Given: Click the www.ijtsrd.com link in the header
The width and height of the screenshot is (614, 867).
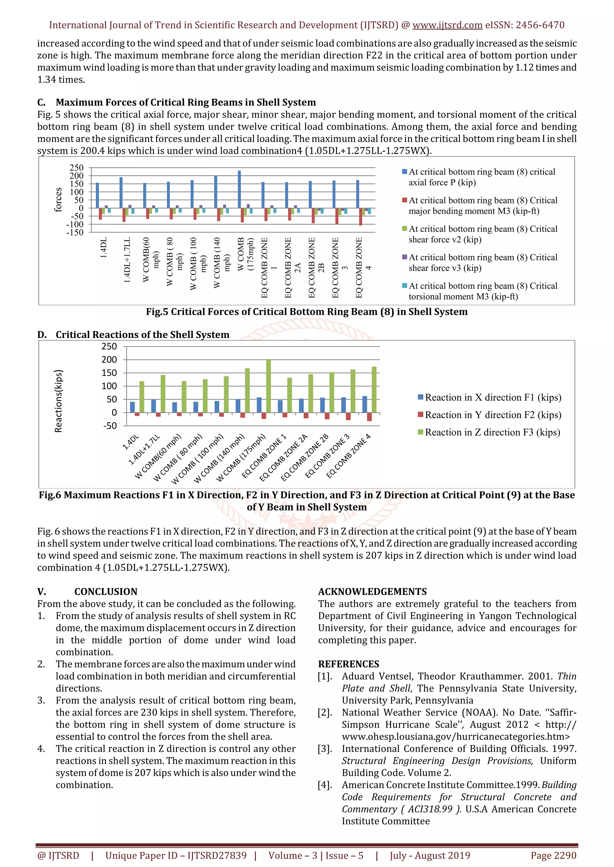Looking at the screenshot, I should tap(447, 25).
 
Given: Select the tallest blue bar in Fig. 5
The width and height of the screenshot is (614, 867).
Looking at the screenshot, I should tap(239, 189).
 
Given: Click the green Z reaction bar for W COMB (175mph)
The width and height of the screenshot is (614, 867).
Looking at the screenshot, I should tap(268, 386).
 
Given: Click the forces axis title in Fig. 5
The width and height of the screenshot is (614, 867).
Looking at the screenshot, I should tap(58, 200).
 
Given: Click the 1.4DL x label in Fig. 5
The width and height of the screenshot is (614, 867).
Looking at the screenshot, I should tap(104, 248).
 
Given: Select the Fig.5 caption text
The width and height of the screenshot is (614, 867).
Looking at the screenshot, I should tap(307, 312).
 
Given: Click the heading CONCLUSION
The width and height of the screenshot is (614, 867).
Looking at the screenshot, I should tap(106, 592).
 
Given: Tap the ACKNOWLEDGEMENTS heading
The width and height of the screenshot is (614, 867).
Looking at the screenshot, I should tap(372, 592).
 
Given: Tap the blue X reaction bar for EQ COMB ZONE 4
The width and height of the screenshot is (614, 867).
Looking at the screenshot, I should tap(365, 404).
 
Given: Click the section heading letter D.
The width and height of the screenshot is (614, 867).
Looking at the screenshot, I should tap(42, 335).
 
